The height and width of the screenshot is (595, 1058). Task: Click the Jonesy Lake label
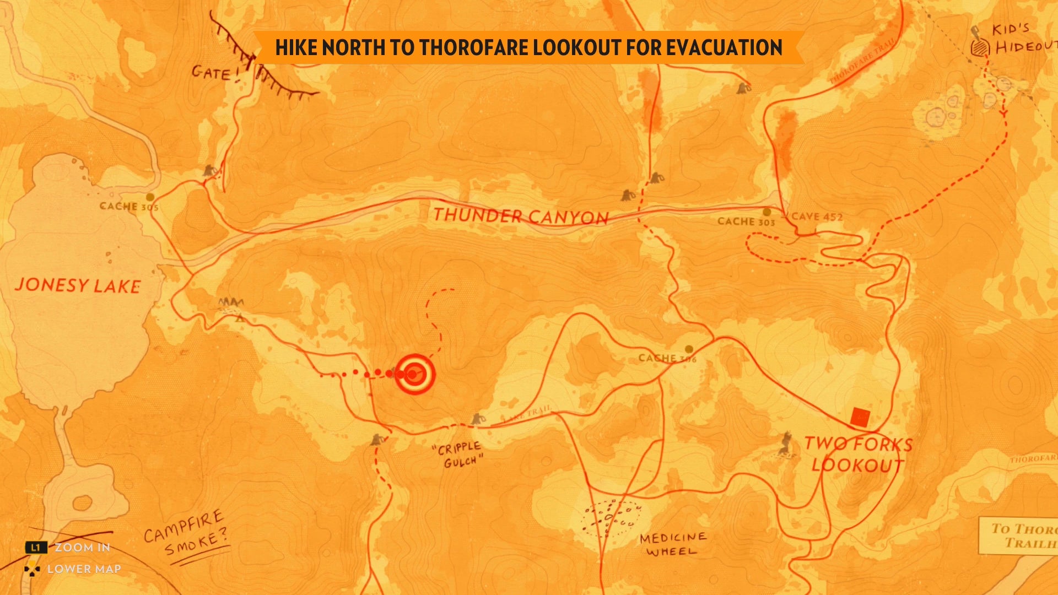(x=78, y=285)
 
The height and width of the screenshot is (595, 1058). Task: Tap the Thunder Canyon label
(x=521, y=216)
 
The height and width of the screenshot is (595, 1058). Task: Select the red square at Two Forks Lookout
(x=860, y=417)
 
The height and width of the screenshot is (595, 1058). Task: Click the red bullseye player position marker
(x=415, y=374)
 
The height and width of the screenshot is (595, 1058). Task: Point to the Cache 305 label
(x=128, y=207)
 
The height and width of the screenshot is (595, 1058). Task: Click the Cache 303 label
(x=746, y=221)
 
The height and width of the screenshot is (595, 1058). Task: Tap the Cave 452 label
(x=817, y=217)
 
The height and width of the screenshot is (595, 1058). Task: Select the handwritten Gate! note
(x=215, y=73)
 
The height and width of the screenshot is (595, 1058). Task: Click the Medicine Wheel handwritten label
(x=672, y=544)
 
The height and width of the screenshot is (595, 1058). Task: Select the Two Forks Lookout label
(x=857, y=455)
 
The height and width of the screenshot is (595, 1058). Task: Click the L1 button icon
(x=36, y=547)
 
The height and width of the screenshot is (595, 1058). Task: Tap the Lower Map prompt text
(x=84, y=569)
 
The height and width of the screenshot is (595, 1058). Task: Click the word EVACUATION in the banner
(x=724, y=47)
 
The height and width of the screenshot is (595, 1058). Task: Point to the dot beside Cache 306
(x=689, y=349)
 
